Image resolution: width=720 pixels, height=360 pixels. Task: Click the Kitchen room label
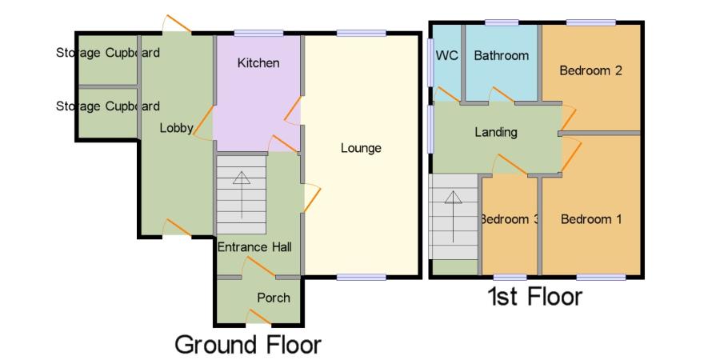[258, 63]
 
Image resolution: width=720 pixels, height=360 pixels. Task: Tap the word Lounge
[361, 148]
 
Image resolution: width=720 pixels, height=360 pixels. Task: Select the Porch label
[274, 298]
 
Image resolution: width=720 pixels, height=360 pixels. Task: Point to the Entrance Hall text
[254, 247]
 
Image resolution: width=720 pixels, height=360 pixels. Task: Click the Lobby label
[176, 129]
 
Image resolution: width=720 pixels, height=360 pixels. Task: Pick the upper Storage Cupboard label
[108, 53]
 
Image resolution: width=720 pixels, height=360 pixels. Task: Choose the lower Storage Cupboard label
[108, 106]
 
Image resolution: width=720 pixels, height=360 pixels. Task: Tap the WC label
[446, 55]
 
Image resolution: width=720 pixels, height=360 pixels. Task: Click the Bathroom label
[502, 55]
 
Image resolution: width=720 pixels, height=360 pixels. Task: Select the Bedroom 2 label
[590, 70]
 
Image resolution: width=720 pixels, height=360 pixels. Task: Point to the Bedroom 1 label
[591, 219]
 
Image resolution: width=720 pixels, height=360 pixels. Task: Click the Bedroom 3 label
[509, 219]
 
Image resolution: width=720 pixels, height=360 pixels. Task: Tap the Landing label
[496, 133]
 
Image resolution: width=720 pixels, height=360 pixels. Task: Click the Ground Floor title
[248, 345]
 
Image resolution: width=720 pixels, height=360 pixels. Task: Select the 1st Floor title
[534, 297]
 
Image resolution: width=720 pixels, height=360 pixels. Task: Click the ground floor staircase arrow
[242, 194]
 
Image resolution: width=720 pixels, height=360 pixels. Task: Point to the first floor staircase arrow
[454, 216]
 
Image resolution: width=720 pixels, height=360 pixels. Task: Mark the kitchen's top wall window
[258, 33]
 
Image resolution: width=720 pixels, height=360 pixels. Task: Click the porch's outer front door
[258, 318]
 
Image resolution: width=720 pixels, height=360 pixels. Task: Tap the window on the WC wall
[430, 62]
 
